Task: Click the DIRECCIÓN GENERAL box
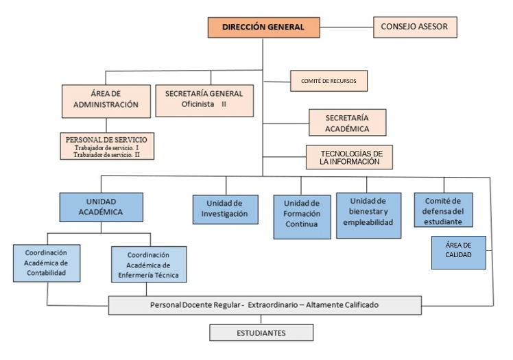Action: click(x=265, y=27)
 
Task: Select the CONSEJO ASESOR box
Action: click(x=415, y=27)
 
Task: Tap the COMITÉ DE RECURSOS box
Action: click(x=328, y=81)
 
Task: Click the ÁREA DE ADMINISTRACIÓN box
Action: click(x=106, y=100)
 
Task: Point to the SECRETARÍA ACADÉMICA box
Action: click(x=347, y=123)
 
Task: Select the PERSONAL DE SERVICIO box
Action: click(x=106, y=146)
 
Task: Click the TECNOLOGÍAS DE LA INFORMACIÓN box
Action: click(x=349, y=156)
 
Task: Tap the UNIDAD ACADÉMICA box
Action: click(x=101, y=207)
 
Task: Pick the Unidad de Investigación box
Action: click(x=224, y=209)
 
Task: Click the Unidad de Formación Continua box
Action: click(x=302, y=217)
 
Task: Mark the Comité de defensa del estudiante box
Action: click(x=443, y=210)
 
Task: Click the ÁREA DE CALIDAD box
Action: click(x=459, y=252)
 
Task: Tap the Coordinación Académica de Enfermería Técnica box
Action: click(x=149, y=265)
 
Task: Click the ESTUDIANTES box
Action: click(x=262, y=333)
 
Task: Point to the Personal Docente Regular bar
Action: click(x=265, y=305)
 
